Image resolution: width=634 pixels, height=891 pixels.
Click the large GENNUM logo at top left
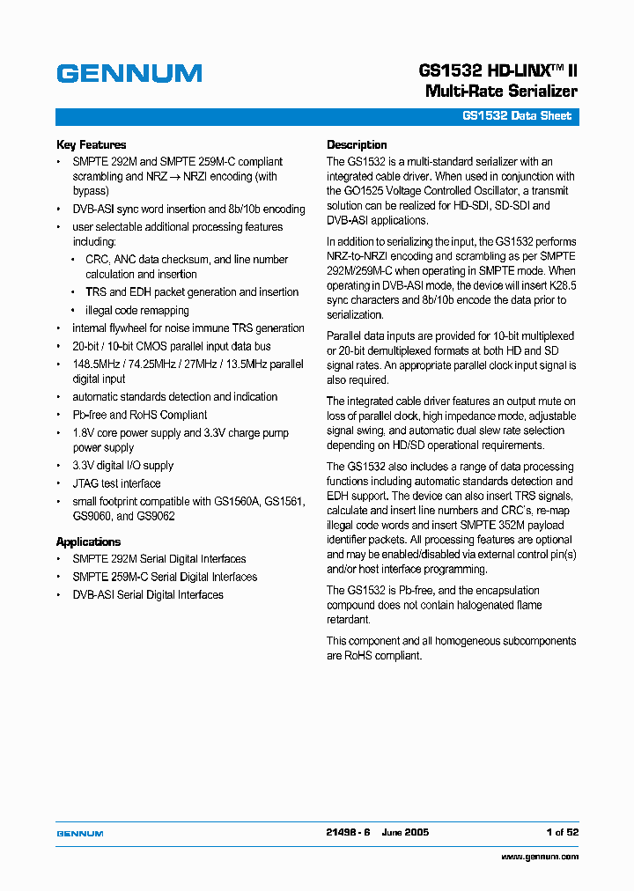(129, 74)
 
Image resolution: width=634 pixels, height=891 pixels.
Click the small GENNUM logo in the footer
(80, 833)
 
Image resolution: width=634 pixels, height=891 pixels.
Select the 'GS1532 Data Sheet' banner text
(517, 116)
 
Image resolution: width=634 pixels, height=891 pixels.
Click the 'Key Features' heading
(91, 145)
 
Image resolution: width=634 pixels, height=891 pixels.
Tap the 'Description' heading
(357, 145)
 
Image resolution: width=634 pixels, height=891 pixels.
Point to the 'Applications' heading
(88, 542)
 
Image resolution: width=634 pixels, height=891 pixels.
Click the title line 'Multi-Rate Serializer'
(501, 92)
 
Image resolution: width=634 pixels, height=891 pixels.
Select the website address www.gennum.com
(540, 856)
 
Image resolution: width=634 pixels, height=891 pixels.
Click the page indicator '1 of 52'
(562, 832)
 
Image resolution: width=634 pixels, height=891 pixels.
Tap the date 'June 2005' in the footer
(405, 832)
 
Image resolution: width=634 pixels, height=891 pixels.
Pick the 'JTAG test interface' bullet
(116, 483)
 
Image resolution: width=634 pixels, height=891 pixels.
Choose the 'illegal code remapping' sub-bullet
(136, 311)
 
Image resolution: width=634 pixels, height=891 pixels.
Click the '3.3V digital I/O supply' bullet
(122, 466)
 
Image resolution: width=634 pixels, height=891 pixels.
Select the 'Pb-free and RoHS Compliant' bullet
(139, 415)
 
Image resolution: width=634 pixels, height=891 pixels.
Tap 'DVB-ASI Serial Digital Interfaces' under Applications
(148, 595)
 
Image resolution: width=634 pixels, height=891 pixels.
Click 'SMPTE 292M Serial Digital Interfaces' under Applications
(158, 559)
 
